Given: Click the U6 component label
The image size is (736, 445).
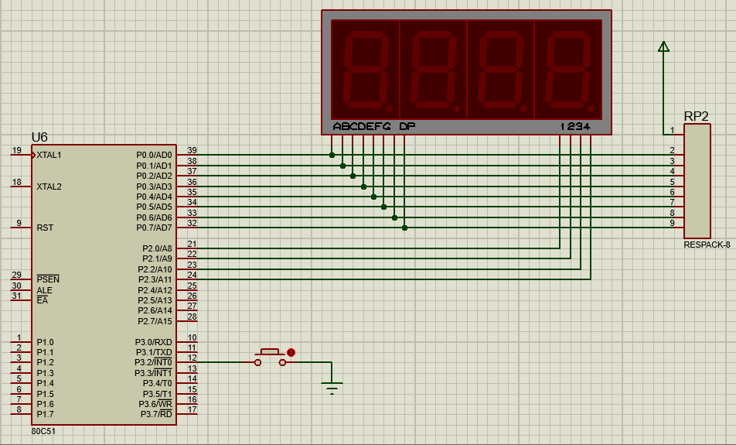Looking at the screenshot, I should coord(39,137).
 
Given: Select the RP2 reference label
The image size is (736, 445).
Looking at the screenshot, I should coord(696,117).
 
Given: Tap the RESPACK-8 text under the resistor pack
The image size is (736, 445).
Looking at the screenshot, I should coord(707,245).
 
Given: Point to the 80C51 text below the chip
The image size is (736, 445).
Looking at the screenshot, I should coord(43,431).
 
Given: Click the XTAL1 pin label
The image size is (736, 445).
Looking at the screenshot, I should coord(49,155).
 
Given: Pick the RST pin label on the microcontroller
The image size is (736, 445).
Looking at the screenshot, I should coord(45,228).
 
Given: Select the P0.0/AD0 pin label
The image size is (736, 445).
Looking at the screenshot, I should coord(154,155).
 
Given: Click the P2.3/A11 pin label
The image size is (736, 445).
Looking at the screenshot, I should coord(155,279).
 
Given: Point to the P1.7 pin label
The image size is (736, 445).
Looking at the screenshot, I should coord(45,415).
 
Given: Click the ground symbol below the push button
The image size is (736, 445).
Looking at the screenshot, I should coord(332,388).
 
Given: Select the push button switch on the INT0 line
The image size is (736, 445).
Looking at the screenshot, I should coord(270,358).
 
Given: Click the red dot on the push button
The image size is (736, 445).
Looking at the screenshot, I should coord(291,352).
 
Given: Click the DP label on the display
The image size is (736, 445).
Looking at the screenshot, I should coord(407,126).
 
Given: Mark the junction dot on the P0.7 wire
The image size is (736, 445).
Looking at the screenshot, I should coord(404,228).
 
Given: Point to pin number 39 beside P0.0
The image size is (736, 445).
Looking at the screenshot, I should coord(192,150).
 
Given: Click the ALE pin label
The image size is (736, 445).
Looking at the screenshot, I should coord(44,290).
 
